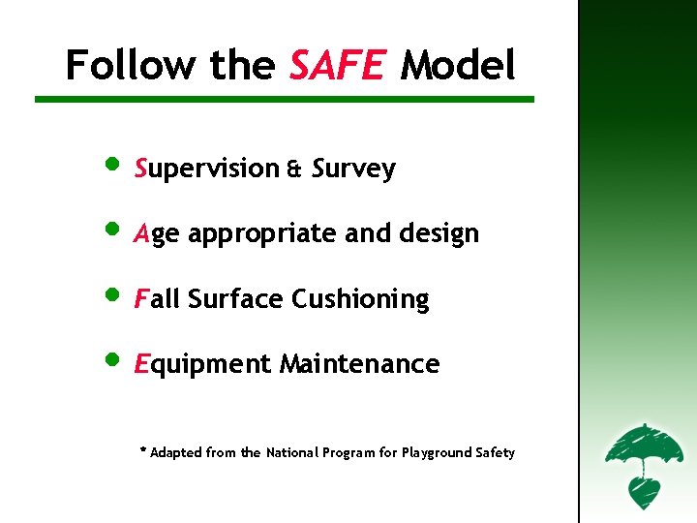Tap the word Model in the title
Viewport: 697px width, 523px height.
coord(458,66)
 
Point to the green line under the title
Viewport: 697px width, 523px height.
coord(285,99)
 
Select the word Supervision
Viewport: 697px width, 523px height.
coord(207,169)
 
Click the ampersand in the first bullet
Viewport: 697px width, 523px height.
coord(293,169)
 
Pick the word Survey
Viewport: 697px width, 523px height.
coord(354,169)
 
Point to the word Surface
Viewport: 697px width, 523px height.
coord(236,299)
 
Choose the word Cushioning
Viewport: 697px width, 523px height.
coord(360,299)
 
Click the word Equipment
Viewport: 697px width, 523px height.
coord(203,365)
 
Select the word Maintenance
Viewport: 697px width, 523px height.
coord(359,364)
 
